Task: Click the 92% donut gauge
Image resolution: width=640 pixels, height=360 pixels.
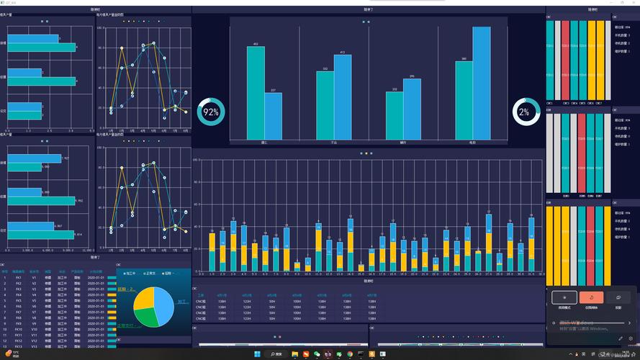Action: coord(211,112)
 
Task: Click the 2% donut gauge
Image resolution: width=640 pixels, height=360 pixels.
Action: coord(526,112)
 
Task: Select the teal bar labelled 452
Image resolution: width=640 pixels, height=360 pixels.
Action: coord(256,94)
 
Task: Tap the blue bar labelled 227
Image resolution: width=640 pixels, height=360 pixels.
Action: coord(273,115)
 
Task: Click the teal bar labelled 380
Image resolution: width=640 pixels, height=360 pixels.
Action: coord(464,101)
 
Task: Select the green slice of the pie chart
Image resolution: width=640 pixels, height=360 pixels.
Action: coord(148,317)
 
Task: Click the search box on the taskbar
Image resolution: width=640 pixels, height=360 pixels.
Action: coord(276,354)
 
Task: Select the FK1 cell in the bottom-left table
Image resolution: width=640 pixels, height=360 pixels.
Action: coord(19,276)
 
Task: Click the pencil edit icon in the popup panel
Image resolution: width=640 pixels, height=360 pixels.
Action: coord(621,338)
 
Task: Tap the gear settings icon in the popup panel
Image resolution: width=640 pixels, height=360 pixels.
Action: coord(631,338)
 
